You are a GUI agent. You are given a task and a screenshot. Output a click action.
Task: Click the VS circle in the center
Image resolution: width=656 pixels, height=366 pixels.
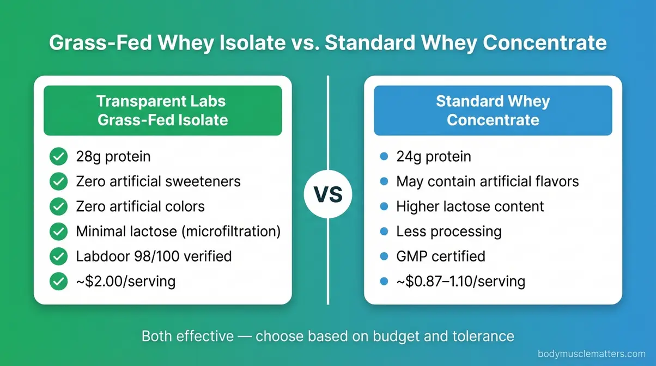pos(328,194)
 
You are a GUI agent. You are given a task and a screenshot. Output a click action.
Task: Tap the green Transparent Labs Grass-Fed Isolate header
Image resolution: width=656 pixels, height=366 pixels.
pos(162,110)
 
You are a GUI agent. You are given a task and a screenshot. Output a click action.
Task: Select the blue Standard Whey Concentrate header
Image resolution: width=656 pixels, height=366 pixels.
pos(493,110)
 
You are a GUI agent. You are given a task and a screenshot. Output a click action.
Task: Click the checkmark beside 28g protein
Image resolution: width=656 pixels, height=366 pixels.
pos(58,157)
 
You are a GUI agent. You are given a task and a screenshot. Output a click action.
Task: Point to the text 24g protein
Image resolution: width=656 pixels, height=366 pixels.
pos(434,157)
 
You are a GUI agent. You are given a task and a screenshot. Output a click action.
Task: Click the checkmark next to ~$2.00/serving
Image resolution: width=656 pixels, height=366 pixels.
pos(58,281)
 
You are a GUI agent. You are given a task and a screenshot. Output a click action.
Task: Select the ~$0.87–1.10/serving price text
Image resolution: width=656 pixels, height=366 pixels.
pos(460,281)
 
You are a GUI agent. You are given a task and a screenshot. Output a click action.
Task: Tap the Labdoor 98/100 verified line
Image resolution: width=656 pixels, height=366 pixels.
pos(154,256)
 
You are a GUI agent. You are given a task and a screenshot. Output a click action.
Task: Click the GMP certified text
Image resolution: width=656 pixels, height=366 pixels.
pos(440,256)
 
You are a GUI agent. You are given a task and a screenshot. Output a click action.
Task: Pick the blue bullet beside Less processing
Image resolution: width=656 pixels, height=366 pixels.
pos(384,231)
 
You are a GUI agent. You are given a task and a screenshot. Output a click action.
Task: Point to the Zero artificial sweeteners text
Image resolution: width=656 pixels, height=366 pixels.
pos(158,181)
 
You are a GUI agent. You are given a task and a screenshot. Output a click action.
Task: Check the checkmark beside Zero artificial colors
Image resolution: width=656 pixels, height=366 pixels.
pos(58,206)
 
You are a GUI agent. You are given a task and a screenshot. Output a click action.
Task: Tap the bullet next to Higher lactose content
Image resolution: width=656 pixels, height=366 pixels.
pos(384,206)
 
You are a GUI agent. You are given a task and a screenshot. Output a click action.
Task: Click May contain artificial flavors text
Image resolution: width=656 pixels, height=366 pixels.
pos(487,181)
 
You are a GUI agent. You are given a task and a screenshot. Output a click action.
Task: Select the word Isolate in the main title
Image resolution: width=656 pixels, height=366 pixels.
pos(252,43)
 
